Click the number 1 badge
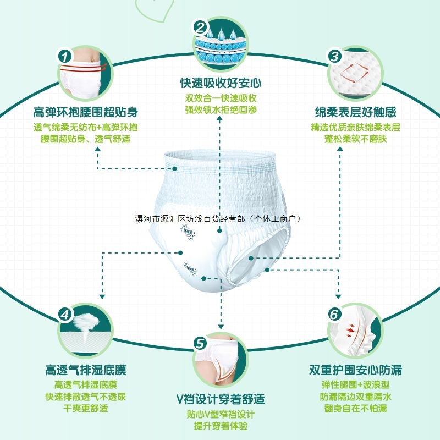click(65, 56)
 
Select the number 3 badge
click(334, 56)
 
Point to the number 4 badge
click(65, 314)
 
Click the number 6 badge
click(334, 315)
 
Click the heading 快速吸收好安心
click(220, 84)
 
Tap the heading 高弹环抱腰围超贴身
click(85, 113)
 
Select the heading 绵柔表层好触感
click(355, 113)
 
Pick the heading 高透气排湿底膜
click(85, 370)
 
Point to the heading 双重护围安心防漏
click(355, 370)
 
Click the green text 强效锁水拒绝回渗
click(220, 109)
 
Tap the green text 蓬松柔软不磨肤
click(355, 139)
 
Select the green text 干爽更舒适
click(85, 409)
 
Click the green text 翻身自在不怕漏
click(355, 409)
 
